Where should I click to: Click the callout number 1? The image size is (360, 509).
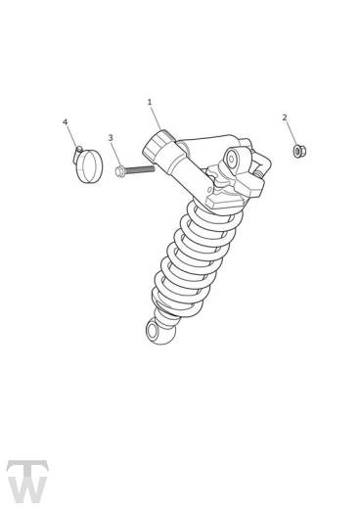coord(150,102)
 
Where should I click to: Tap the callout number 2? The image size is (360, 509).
coord(285,117)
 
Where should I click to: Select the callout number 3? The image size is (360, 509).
coord(111,138)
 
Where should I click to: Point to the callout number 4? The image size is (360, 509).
coord(66,121)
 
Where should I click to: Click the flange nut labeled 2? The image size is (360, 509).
coord(298,152)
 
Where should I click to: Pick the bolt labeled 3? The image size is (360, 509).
coord(135,170)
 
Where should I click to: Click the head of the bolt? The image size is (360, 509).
coord(119,171)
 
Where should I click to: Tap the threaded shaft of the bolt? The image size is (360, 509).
coord(140,169)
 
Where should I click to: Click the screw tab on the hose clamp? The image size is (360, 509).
coord(77,152)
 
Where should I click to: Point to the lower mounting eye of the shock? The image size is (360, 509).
coord(153,331)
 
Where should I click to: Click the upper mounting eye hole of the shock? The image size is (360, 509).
coord(231,159)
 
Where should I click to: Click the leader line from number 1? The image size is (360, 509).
coord(157,118)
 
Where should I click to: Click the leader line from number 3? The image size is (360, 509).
coord(115,155)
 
